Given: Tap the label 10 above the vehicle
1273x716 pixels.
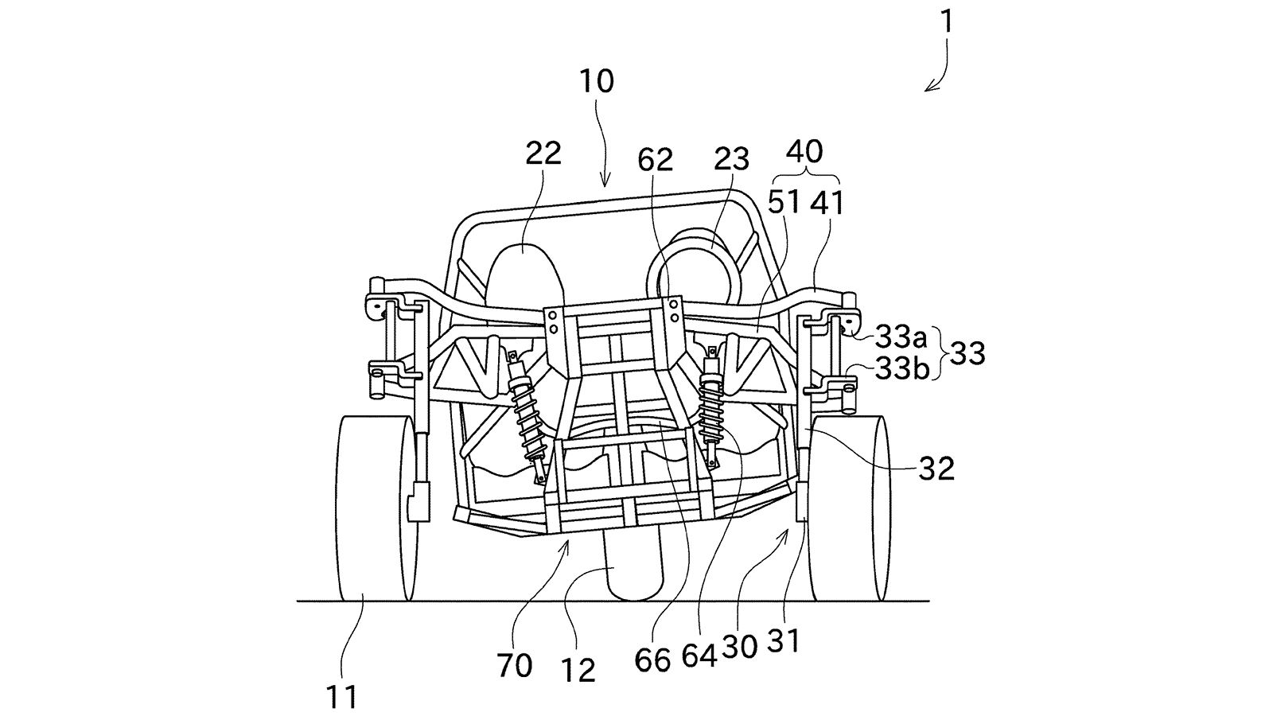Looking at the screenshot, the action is [x=597, y=81].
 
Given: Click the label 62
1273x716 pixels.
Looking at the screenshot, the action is [x=656, y=160].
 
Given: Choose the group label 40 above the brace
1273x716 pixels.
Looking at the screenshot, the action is [x=804, y=152].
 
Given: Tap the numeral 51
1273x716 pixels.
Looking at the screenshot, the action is [x=784, y=202].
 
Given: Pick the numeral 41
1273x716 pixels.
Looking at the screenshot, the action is [x=827, y=202].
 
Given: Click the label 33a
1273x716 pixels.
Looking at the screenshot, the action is [x=901, y=337].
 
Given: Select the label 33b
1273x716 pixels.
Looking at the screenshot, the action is [x=902, y=369].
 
